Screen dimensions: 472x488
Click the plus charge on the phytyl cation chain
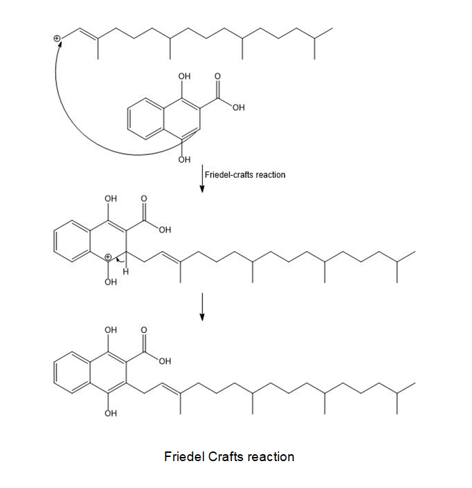pyautogui.click(x=57, y=39)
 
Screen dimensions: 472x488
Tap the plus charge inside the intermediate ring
pyautogui.click(x=107, y=257)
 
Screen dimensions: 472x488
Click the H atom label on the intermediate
pyautogui.click(x=125, y=272)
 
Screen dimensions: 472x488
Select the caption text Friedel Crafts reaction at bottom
pyautogui.click(x=229, y=456)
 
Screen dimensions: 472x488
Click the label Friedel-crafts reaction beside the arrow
pyautogui.click(x=245, y=175)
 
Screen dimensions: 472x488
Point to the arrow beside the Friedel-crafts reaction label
pyautogui.click(x=202, y=179)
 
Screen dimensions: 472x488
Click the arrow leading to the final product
pyautogui.click(x=202, y=307)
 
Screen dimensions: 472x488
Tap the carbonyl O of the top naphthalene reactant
pyautogui.click(x=218, y=77)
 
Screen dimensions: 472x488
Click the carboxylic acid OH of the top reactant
pyautogui.click(x=238, y=108)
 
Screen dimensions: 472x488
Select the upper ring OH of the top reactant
pyautogui.click(x=185, y=77)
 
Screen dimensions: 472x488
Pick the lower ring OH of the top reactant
pyautogui.click(x=185, y=160)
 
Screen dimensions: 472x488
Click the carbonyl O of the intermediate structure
pyautogui.click(x=144, y=199)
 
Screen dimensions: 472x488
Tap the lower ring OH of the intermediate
pyautogui.click(x=111, y=282)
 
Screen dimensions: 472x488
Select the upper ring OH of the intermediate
pyautogui.click(x=111, y=199)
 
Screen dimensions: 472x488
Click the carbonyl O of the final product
pyautogui.click(x=144, y=330)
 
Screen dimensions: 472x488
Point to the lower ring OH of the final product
pyautogui.click(x=111, y=414)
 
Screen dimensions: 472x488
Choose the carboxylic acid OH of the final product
pyautogui.click(x=165, y=361)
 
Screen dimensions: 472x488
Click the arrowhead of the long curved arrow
pyautogui.click(x=59, y=43)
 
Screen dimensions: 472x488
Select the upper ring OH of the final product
pyautogui.click(x=111, y=330)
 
